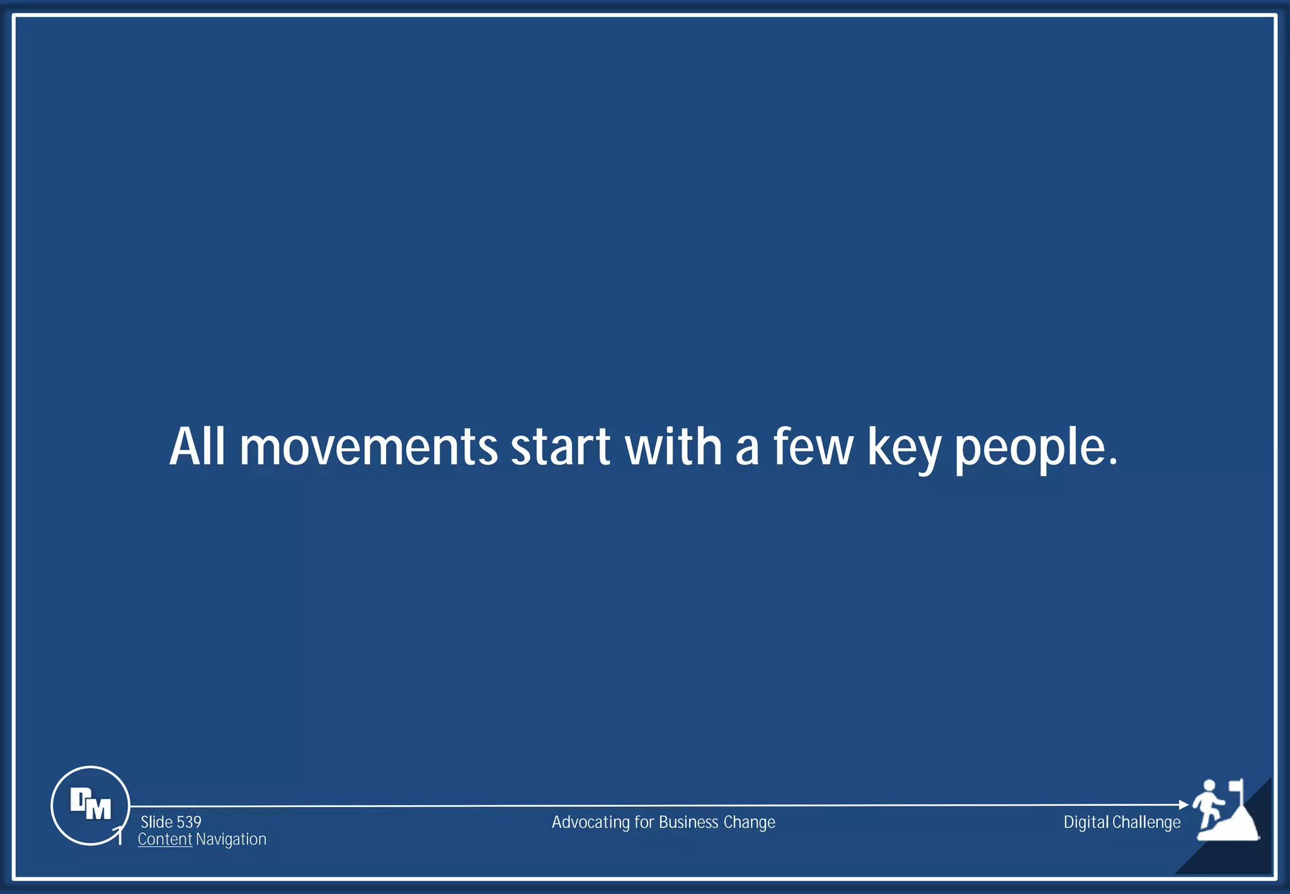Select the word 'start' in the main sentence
(x=560, y=448)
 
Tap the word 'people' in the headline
(x=1028, y=450)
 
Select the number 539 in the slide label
(x=189, y=822)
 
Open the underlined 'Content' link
(x=165, y=839)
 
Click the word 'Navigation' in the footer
(x=231, y=839)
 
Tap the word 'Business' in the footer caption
(x=688, y=822)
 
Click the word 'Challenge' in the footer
(x=1146, y=823)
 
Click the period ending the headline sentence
(x=1113, y=463)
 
